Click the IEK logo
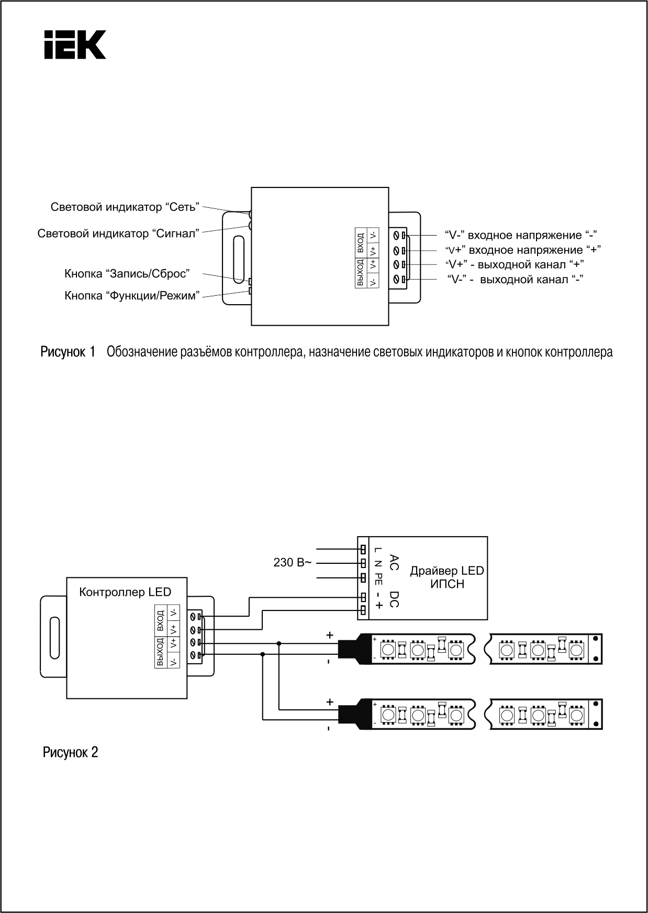(x=75, y=44)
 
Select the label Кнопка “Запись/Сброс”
(x=127, y=274)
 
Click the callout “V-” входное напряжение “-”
(x=521, y=235)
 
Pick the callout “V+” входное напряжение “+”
(x=523, y=250)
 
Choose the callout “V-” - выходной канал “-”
(x=516, y=279)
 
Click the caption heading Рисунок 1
(x=68, y=352)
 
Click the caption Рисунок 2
(x=70, y=753)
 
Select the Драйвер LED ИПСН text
(x=447, y=577)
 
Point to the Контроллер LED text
(x=125, y=592)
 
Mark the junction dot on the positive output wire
(x=279, y=643)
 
